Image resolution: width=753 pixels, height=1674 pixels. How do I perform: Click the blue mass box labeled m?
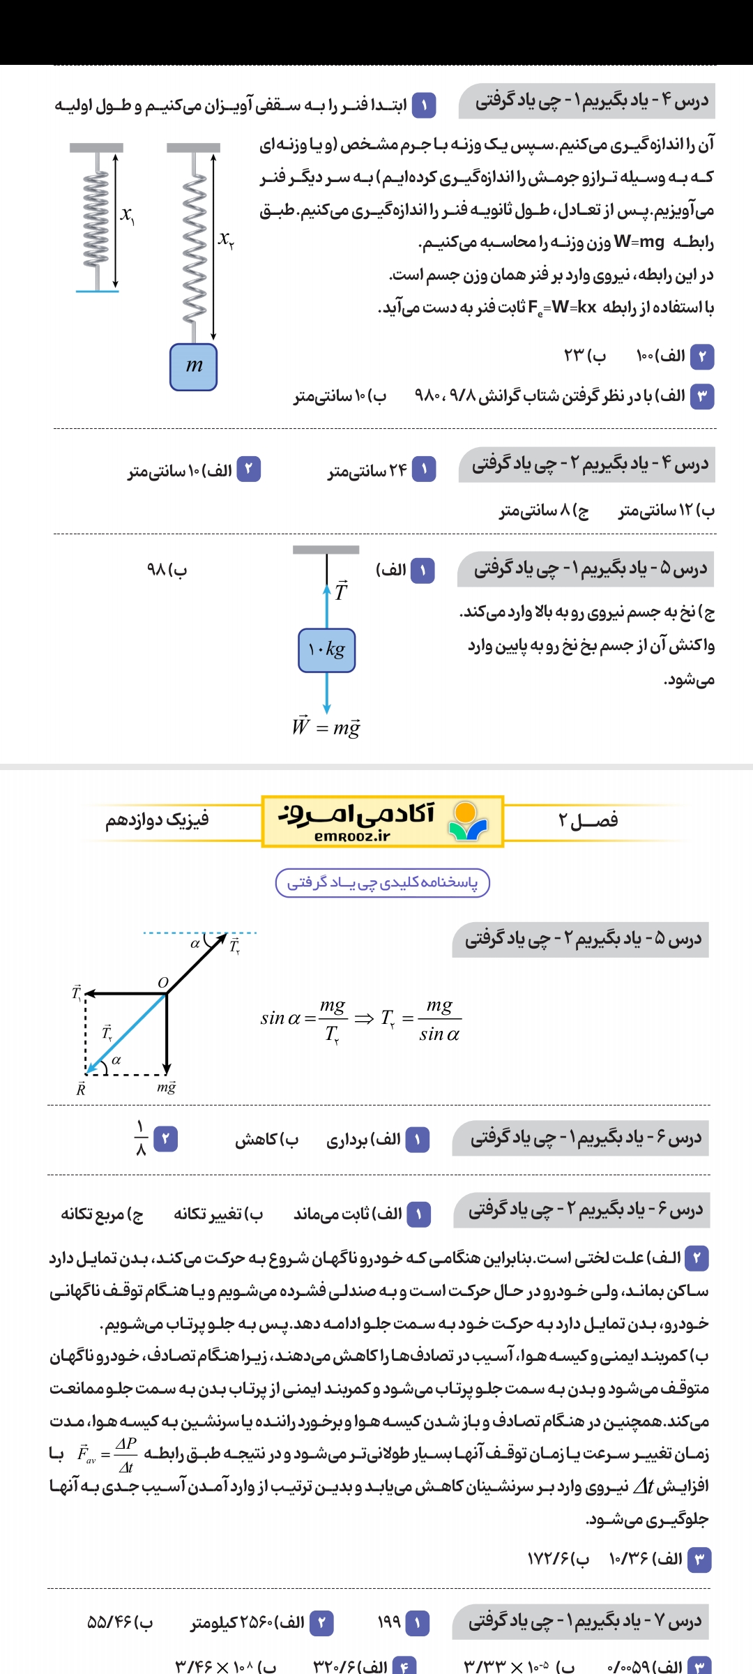(x=193, y=367)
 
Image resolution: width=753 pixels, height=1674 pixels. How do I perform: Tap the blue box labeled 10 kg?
(x=326, y=650)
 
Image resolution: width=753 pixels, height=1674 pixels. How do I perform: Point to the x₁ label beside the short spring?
(x=127, y=215)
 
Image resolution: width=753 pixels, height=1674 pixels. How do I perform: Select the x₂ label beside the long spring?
(x=226, y=239)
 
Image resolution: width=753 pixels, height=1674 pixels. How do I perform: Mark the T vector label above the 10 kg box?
(x=341, y=591)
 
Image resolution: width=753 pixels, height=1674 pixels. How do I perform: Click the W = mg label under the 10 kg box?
(x=326, y=727)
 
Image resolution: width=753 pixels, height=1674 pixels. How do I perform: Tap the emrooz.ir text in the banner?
(x=352, y=836)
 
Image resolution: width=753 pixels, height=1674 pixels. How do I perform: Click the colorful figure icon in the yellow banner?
(x=467, y=821)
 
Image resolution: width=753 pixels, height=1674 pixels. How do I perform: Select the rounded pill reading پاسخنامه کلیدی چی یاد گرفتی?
(x=383, y=882)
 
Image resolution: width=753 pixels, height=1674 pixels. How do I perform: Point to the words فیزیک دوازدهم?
(x=158, y=820)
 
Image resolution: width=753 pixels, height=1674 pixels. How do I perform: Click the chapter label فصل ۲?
(x=588, y=820)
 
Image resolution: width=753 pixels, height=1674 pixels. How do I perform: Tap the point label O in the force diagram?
(x=163, y=982)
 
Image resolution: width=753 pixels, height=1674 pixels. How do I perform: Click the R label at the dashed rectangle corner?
(x=80, y=1089)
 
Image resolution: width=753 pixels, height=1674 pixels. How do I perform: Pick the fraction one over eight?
(x=141, y=1138)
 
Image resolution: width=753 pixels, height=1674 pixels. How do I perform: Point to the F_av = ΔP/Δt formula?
(x=107, y=1454)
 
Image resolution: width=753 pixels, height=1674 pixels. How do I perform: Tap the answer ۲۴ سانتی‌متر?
(x=367, y=471)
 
